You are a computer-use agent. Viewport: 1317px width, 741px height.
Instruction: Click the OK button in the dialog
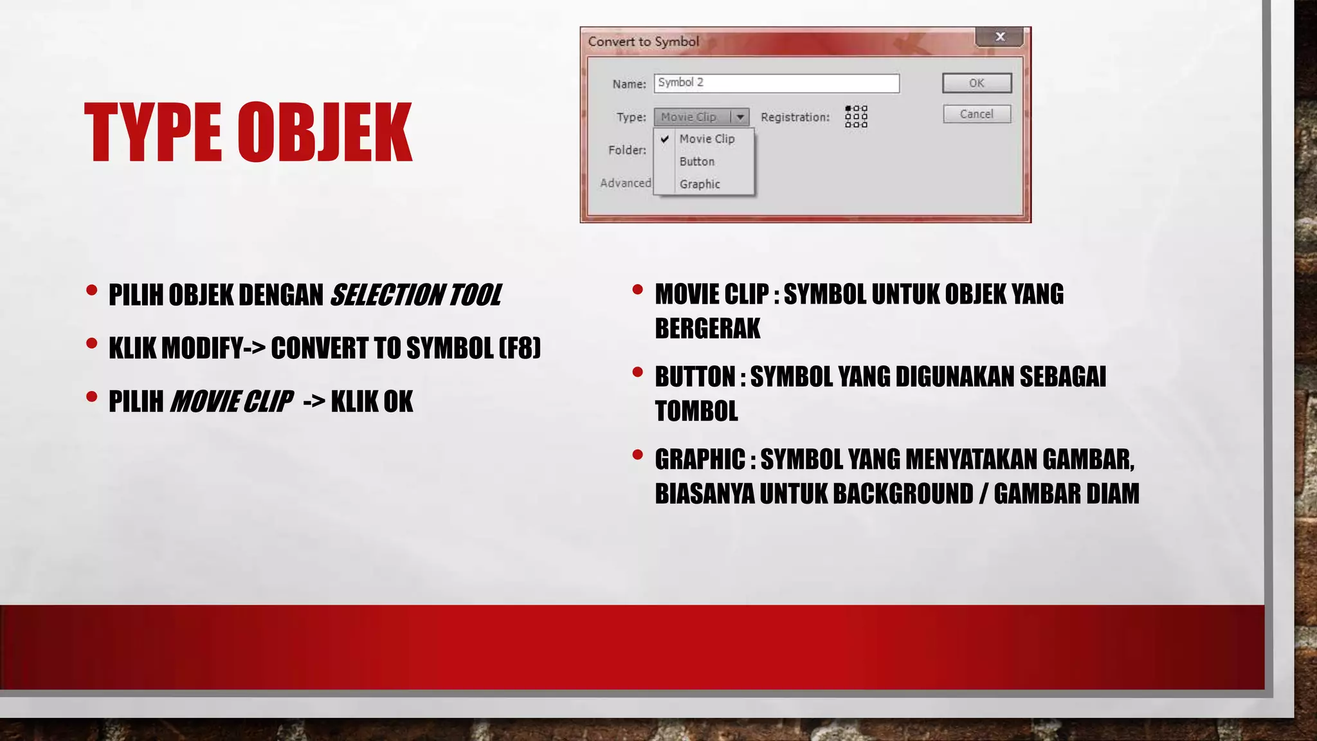point(976,83)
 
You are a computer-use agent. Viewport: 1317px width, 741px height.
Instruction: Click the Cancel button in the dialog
point(976,114)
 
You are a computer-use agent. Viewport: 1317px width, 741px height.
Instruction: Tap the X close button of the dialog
point(999,37)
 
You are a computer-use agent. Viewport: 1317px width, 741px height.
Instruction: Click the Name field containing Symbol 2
point(776,83)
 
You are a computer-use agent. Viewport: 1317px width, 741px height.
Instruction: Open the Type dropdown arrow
point(740,117)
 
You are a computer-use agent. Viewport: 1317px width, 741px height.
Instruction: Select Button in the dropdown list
point(696,161)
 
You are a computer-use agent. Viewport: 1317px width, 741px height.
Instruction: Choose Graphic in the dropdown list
point(699,184)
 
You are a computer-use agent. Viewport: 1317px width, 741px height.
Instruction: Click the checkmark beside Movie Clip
point(665,139)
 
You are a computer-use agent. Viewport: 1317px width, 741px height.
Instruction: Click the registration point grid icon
point(856,116)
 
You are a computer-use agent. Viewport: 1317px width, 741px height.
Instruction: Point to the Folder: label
point(627,150)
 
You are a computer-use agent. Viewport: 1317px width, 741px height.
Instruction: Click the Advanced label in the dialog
point(625,183)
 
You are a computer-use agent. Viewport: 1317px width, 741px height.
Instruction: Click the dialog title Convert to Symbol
point(643,42)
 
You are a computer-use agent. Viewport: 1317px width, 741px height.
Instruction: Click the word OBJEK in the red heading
point(325,133)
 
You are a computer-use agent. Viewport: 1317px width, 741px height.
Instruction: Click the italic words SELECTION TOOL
point(415,295)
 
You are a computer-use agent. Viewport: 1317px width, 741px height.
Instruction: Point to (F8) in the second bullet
point(520,348)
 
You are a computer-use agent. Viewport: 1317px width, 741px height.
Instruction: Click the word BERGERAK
point(707,328)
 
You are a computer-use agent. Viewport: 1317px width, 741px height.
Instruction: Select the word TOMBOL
point(696,411)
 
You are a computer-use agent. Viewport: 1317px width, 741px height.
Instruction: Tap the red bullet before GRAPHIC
point(637,455)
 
